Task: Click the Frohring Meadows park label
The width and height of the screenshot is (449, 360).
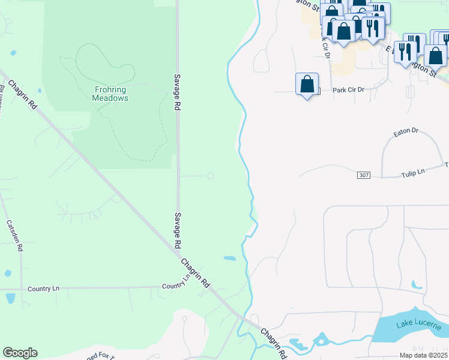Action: tap(111, 94)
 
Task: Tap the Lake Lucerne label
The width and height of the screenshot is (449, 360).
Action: tap(418, 325)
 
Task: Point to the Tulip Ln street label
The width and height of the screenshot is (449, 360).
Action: tap(413, 173)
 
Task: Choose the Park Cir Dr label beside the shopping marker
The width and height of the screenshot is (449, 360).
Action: tap(349, 89)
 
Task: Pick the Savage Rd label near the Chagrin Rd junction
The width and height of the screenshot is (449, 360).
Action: tap(178, 230)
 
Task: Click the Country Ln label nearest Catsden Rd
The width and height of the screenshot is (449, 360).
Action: tap(44, 289)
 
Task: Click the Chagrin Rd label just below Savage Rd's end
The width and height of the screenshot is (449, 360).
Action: tap(196, 272)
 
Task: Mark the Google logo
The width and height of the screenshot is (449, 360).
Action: tap(20, 353)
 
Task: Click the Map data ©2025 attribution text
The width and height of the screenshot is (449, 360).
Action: tap(423, 355)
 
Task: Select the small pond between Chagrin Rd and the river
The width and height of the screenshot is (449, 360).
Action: tap(229, 259)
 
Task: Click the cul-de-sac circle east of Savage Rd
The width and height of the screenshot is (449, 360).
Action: tap(210, 176)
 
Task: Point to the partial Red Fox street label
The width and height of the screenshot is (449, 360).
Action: tap(99, 356)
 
